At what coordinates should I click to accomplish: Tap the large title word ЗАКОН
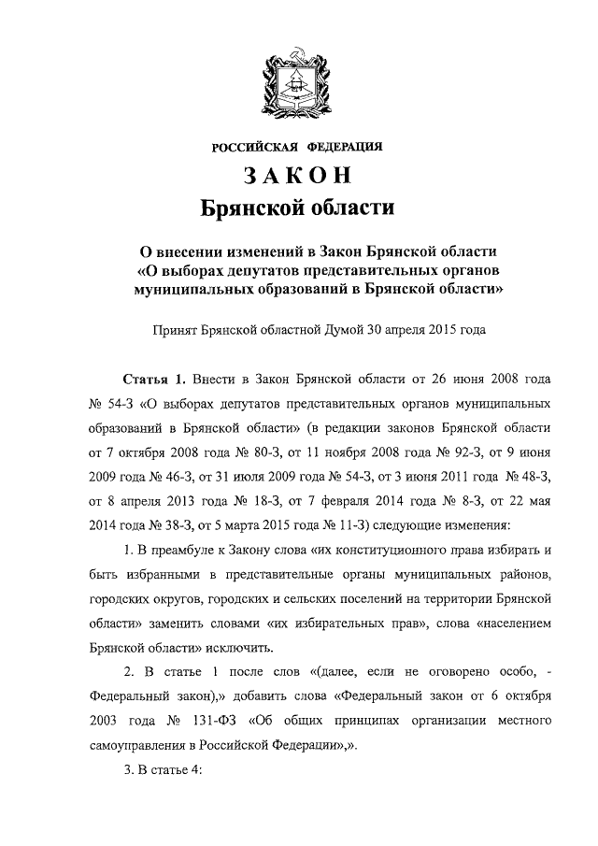pos(298,176)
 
